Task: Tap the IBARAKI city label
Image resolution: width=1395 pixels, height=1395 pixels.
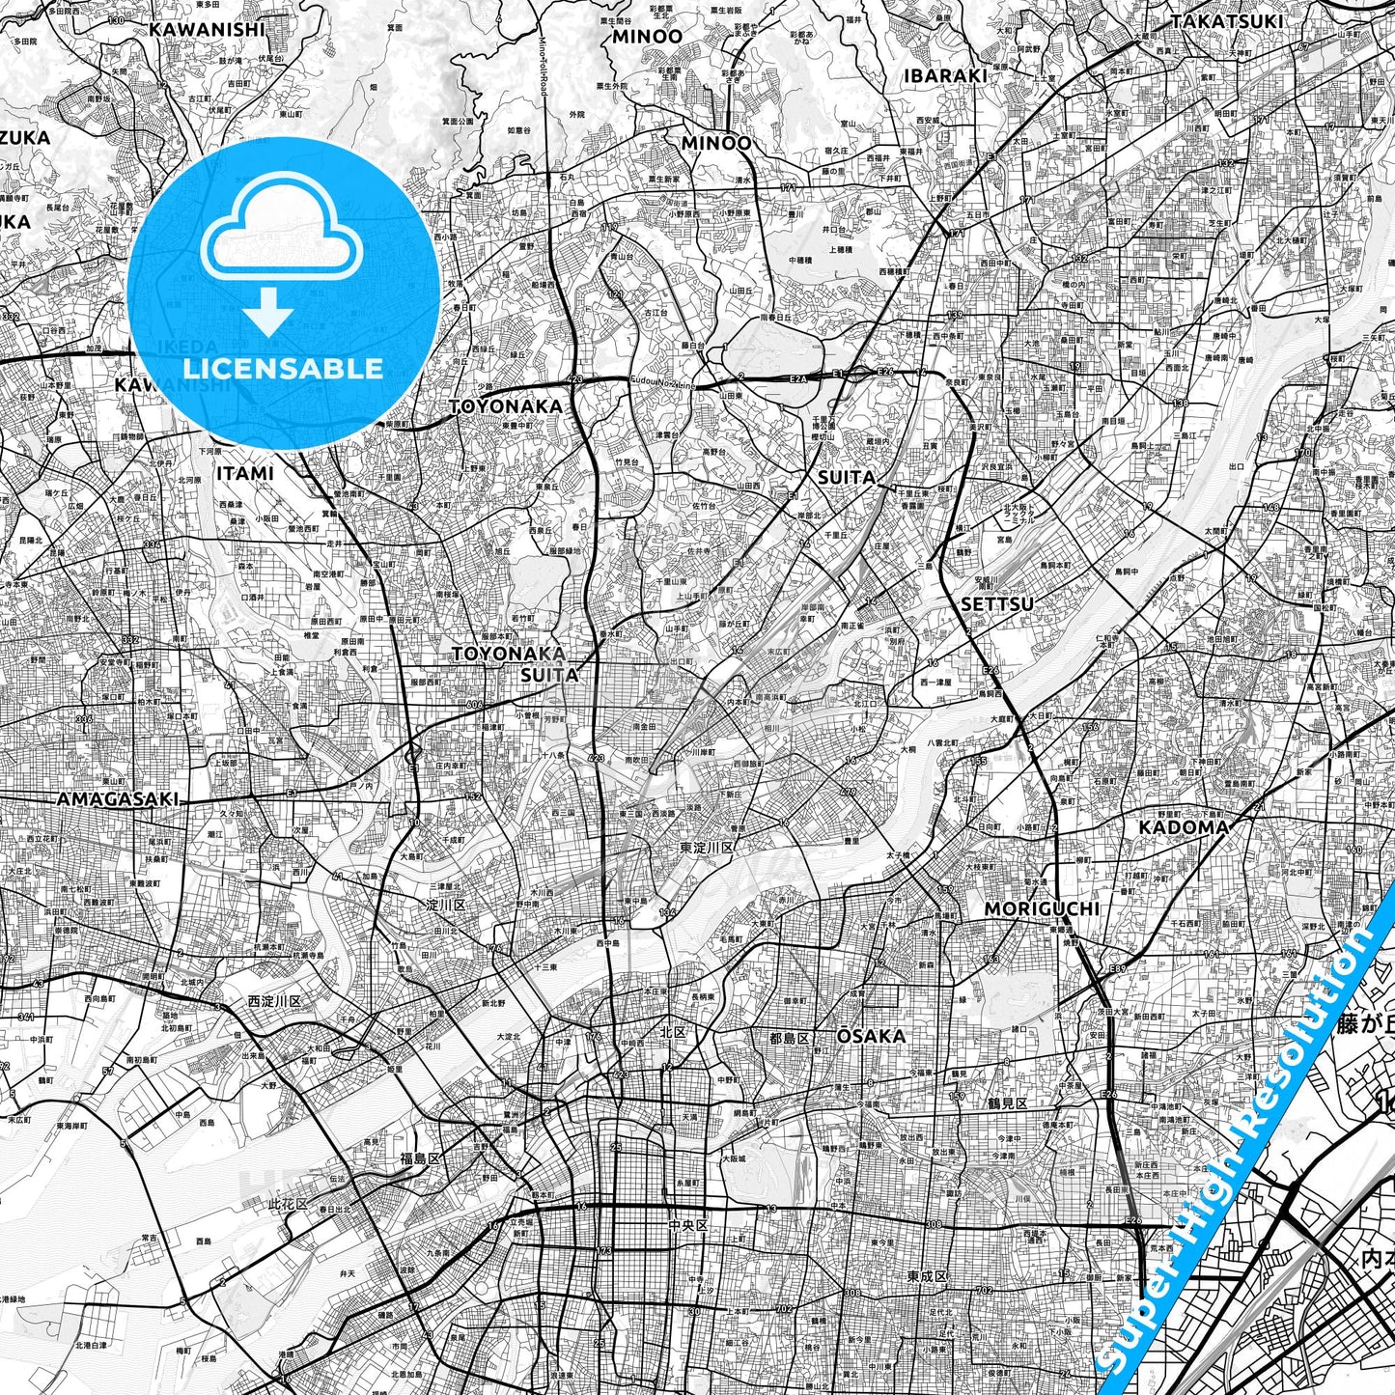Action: [x=945, y=75]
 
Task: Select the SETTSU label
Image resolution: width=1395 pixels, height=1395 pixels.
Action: [x=997, y=604]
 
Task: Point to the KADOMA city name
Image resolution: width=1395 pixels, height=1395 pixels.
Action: [x=1184, y=826]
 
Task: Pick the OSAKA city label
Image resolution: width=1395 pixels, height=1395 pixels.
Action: [x=871, y=1036]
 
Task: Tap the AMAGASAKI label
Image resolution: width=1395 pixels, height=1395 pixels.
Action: [x=119, y=799]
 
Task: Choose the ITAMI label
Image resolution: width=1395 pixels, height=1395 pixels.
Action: [x=244, y=473]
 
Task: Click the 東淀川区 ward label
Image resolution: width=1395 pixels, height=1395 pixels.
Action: [x=707, y=847]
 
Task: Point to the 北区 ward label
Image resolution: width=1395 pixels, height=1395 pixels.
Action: [x=673, y=1033]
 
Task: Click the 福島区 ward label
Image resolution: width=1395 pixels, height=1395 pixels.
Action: [x=421, y=1158]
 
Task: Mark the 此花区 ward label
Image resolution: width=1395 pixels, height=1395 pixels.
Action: [x=288, y=1204]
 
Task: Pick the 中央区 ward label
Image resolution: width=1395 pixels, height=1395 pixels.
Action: [x=688, y=1225]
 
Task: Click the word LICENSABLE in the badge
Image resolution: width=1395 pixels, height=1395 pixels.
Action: [x=284, y=368]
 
